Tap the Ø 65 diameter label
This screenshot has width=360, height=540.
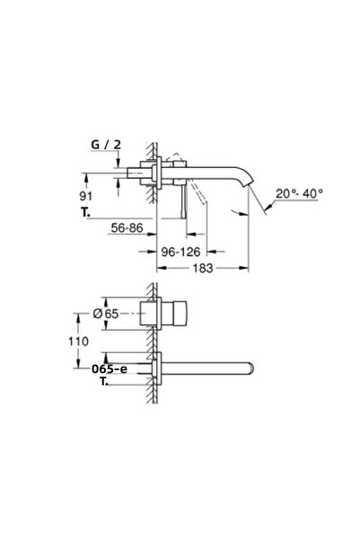tap(113, 314)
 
